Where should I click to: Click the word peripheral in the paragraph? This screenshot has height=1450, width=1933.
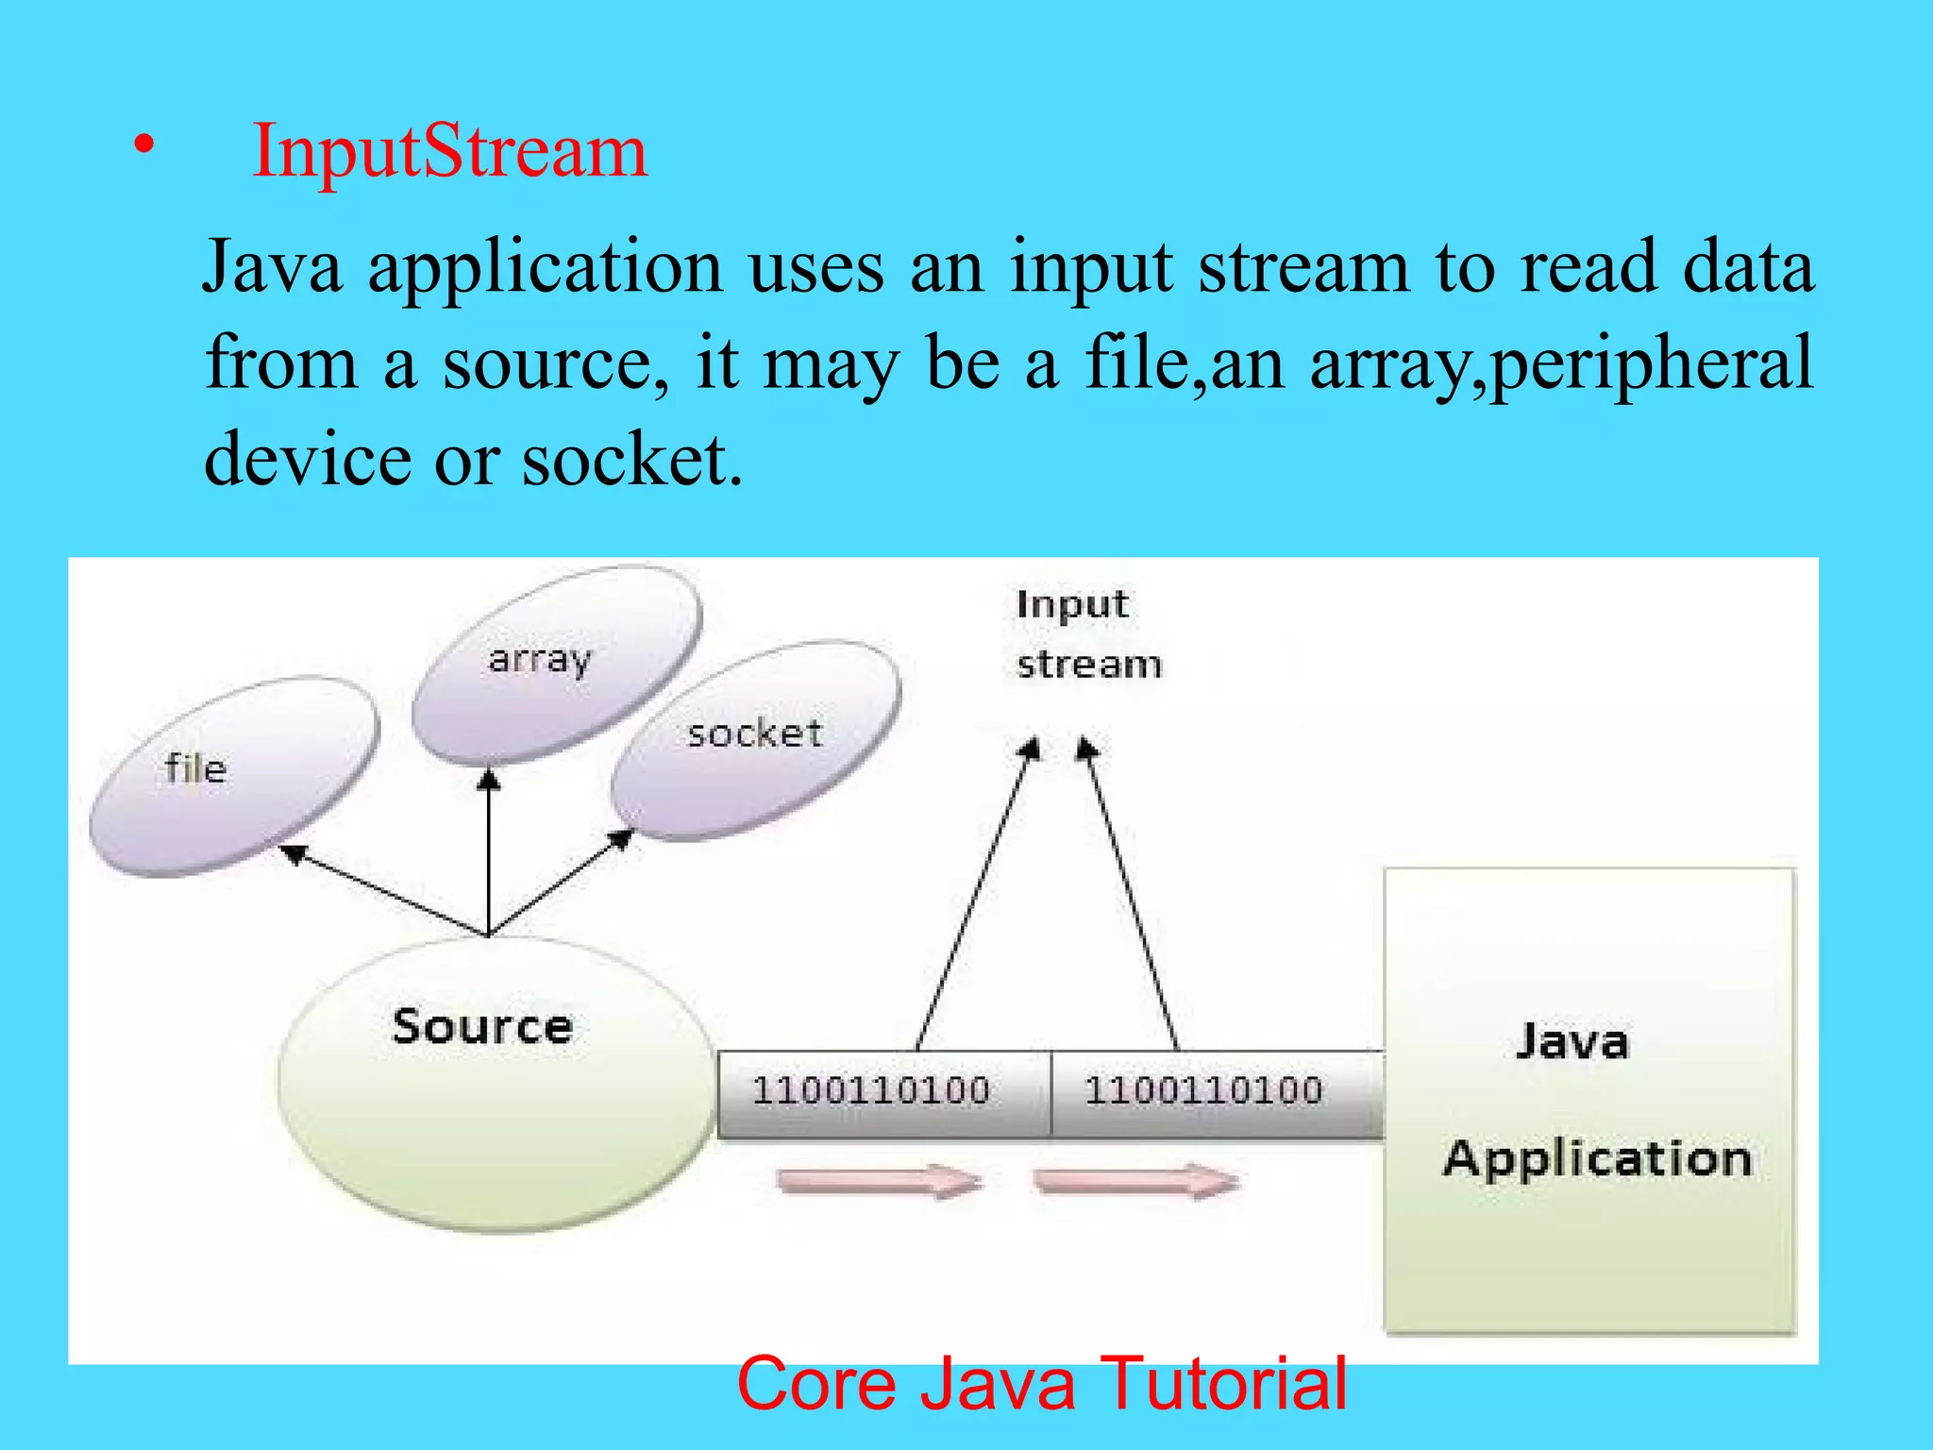pos(1653,363)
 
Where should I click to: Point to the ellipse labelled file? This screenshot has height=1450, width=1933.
pos(233,776)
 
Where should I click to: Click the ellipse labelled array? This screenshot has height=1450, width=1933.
pos(557,664)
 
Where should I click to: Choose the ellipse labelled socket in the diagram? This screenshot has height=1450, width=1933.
pos(755,742)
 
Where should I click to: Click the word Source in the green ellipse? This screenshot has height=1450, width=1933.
pos(482,1027)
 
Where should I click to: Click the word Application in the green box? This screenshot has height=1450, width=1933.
pos(1597,1159)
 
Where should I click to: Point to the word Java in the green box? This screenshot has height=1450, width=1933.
pos(1572,1042)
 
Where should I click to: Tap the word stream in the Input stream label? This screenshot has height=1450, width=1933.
pos(1089,665)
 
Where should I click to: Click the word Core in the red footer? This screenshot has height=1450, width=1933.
pos(816,1384)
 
